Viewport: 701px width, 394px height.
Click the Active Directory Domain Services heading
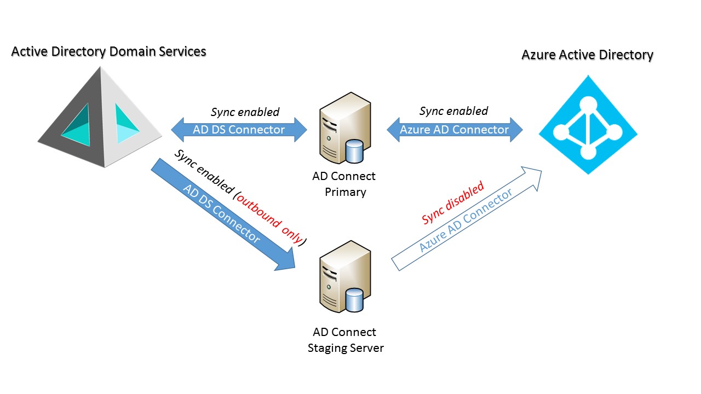108,51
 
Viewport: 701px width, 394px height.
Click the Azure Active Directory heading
587,55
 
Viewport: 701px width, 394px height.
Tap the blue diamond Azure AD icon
588,125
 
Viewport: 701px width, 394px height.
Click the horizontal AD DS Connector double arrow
239,130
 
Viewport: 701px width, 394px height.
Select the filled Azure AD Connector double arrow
454,130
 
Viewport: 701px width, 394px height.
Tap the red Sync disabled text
453,203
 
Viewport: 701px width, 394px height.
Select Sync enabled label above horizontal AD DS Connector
245,112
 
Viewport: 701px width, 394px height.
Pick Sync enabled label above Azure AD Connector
453,111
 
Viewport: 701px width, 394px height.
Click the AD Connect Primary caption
344,184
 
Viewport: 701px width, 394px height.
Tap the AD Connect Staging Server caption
345,340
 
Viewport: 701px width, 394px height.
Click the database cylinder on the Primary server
355,151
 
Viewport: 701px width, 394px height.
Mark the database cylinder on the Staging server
355,300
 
